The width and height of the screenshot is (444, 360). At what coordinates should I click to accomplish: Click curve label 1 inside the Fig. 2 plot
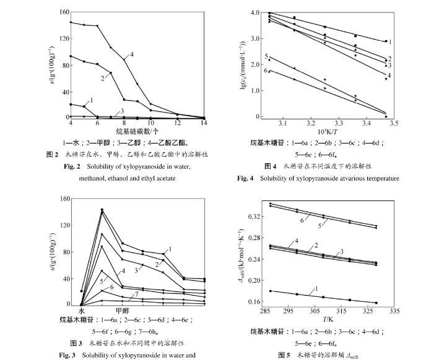(x=91, y=99)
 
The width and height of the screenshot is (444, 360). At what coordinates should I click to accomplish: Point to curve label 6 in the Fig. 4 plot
(x=266, y=71)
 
